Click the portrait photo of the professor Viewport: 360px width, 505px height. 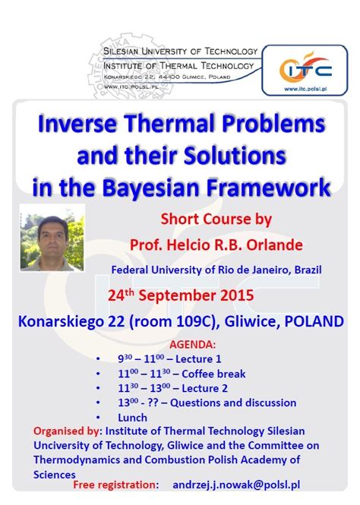[x=52, y=238]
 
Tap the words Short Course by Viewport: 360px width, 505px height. [x=216, y=220]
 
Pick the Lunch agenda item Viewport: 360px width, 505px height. [x=132, y=418]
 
